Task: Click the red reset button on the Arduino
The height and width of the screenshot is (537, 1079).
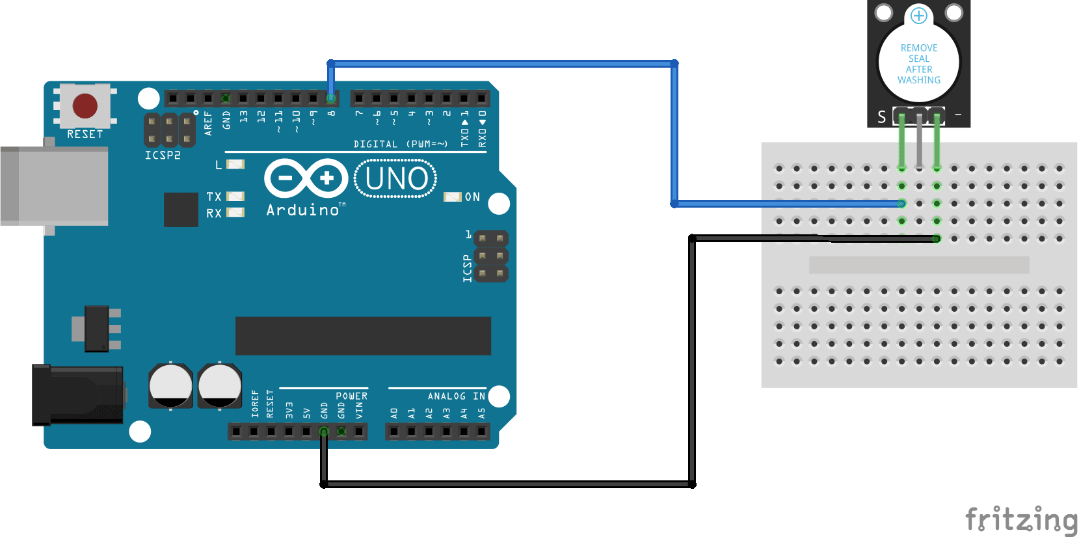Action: click(x=85, y=105)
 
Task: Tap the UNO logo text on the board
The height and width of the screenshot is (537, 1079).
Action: click(x=396, y=178)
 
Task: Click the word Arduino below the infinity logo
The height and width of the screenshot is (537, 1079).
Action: click(x=303, y=210)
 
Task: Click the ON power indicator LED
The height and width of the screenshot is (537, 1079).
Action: click(x=452, y=197)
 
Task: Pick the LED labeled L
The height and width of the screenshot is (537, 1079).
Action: click(x=235, y=165)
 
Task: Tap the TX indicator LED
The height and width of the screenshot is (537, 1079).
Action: click(x=235, y=196)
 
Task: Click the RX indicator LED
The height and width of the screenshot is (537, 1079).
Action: click(x=235, y=212)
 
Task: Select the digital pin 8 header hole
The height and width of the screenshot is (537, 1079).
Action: click(x=331, y=99)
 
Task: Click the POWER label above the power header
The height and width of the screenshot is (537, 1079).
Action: click(x=351, y=396)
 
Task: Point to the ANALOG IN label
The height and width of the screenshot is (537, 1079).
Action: click(x=456, y=396)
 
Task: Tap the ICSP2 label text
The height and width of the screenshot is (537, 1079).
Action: click(x=163, y=155)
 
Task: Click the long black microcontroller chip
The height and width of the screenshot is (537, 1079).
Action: click(x=363, y=336)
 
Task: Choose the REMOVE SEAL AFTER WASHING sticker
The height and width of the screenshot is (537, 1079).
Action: click(x=918, y=64)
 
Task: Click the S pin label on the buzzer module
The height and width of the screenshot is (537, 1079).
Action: click(x=881, y=117)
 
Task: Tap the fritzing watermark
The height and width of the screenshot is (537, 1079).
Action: click(x=1020, y=520)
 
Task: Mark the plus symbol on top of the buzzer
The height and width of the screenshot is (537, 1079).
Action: click(x=918, y=15)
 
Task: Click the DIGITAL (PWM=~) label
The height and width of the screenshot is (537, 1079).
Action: click(x=400, y=144)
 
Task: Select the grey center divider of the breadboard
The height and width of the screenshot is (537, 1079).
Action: click(x=918, y=264)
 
